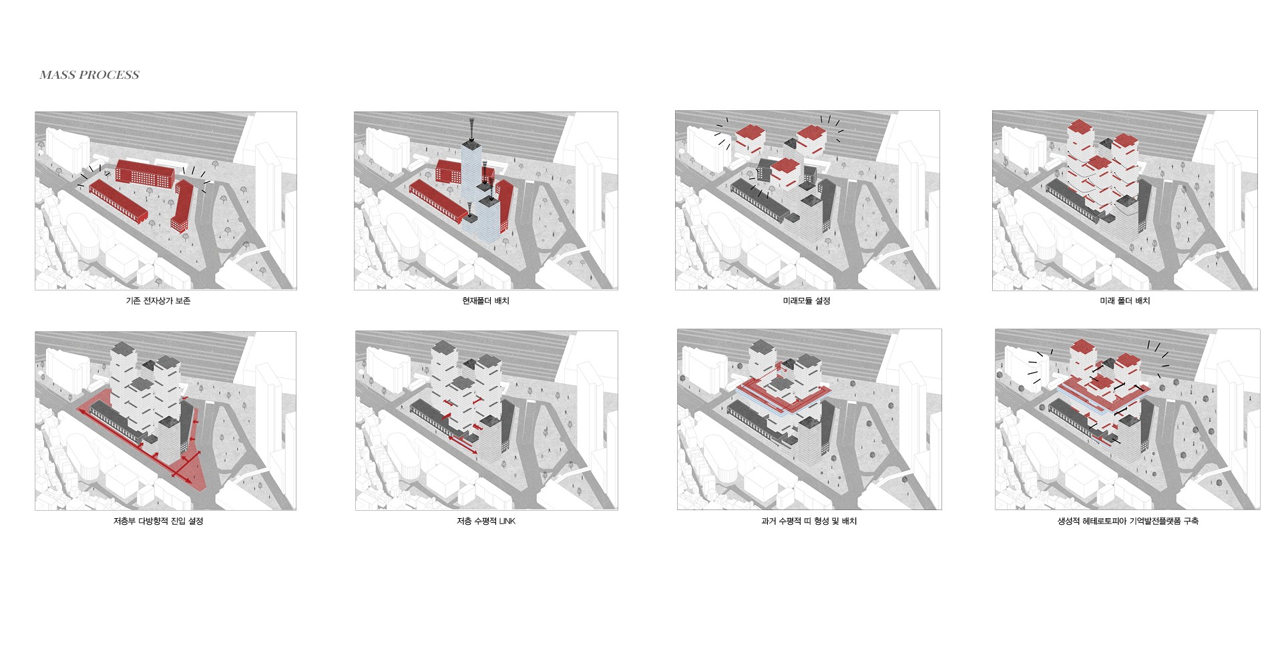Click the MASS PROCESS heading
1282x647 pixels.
coord(89,75)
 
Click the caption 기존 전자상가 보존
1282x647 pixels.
coord(158,301)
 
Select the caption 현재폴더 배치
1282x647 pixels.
coord(485,301)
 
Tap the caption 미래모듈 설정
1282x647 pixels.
coord(807,301)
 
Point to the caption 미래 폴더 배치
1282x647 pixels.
coord(1125,301)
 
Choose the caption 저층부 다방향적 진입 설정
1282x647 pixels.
coord(158,521)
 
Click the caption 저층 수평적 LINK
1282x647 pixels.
coord(486,521)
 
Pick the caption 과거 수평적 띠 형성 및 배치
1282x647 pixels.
coord(809,521)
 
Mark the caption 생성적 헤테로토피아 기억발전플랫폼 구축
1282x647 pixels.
coord(1128,521)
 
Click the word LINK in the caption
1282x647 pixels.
coord(507,521)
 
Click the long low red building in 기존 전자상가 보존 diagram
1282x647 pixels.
coord(118,202)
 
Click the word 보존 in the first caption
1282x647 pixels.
coord(183,301)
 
